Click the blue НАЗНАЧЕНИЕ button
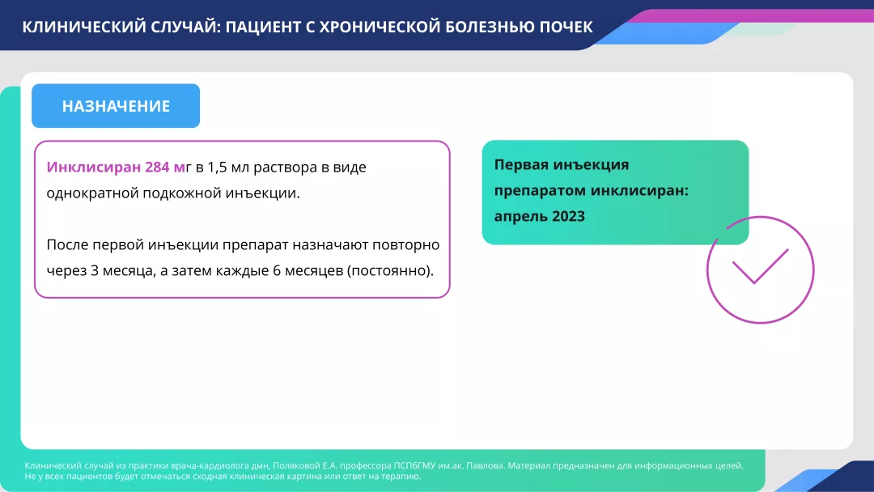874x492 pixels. pos(116,106)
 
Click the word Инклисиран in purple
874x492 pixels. pos(94,168)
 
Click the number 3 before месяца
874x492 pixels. pos(95,270)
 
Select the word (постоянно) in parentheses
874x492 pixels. pos(390,270)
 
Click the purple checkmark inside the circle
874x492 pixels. pos(760,265)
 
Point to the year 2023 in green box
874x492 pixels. pos(569,217)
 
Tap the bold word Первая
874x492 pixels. pos(521,165)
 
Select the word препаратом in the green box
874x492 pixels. pos(540,191)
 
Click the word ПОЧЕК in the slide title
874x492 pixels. pos(566,27)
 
